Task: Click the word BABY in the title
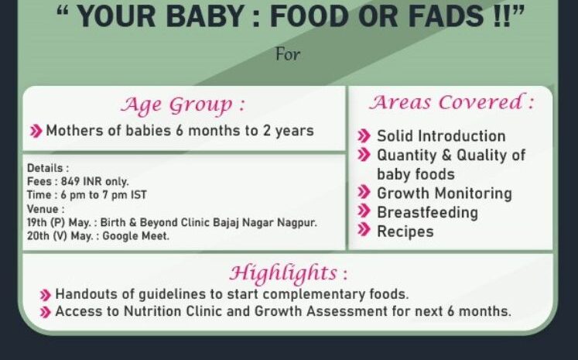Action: [x=205, y=15]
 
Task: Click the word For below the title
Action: [x=288, y=55]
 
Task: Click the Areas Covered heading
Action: [x=452, y=102]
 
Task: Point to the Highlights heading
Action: [x=289, y=273]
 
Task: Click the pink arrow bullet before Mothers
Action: [x=36, y=131]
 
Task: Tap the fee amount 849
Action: [x=70, y=181]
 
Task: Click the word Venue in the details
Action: [x=43, y=209]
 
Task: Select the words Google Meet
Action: [x=135, y=236]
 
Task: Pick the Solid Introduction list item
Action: [x=441, y=136]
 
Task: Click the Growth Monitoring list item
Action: [x=444, y=194]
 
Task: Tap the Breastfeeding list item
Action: [x=427, y=212]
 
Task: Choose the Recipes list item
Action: [x=405, y=231]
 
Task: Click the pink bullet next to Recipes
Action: [x=364, y=230]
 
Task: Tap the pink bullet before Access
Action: [x=45, y=312]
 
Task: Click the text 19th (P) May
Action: [x=59, y=223]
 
